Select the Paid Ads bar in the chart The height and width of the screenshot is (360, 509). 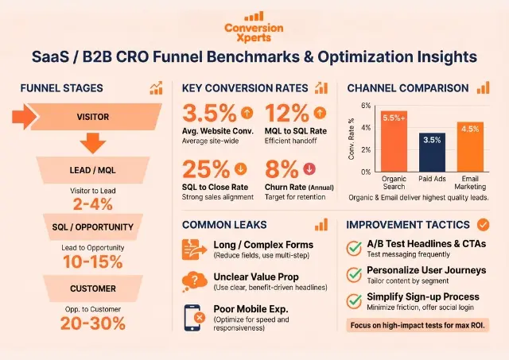pyautogui.click(x=431, y=152)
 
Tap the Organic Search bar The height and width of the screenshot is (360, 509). pyautogui.click(x=393, y=141)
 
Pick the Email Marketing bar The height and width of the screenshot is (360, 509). pyautogui.click(x=469, y=146)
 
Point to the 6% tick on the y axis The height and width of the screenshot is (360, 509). pyautogui.click(x=367, y=106)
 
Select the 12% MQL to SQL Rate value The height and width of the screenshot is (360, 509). pyautogui.click(x=285, y=114)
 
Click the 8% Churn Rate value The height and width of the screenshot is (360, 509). pyautogui.click(x=280, y=170)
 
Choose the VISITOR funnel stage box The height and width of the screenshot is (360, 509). pyautogui.click(x=93, y=117)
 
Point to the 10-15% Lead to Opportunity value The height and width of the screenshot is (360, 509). pyautogui.click(x=93, y=261)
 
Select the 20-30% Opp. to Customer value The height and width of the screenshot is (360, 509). pyautogui.click(x=93, y=322)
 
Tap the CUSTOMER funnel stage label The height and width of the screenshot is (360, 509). pyautogui.click(x=91, y=288)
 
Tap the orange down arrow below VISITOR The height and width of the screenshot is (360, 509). pyautogui.click(x=94, y=144)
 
